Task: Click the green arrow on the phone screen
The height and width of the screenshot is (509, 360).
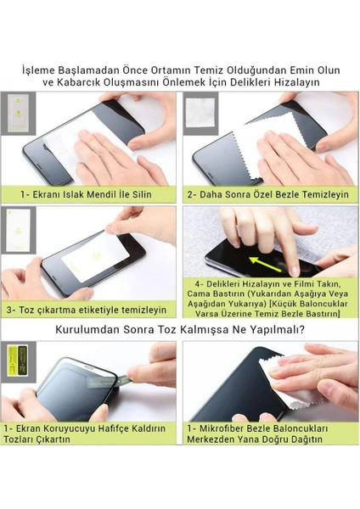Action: [x=265, y=264]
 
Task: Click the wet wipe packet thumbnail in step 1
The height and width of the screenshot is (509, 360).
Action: [x=18, y=114]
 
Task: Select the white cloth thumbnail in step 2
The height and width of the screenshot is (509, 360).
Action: [x=200, y=113]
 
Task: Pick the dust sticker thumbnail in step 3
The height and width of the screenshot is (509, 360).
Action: [x=18, y=230]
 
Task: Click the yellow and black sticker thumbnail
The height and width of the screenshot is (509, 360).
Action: [x=18, y=361]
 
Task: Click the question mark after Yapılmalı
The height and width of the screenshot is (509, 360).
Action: [x=301, y=330]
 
